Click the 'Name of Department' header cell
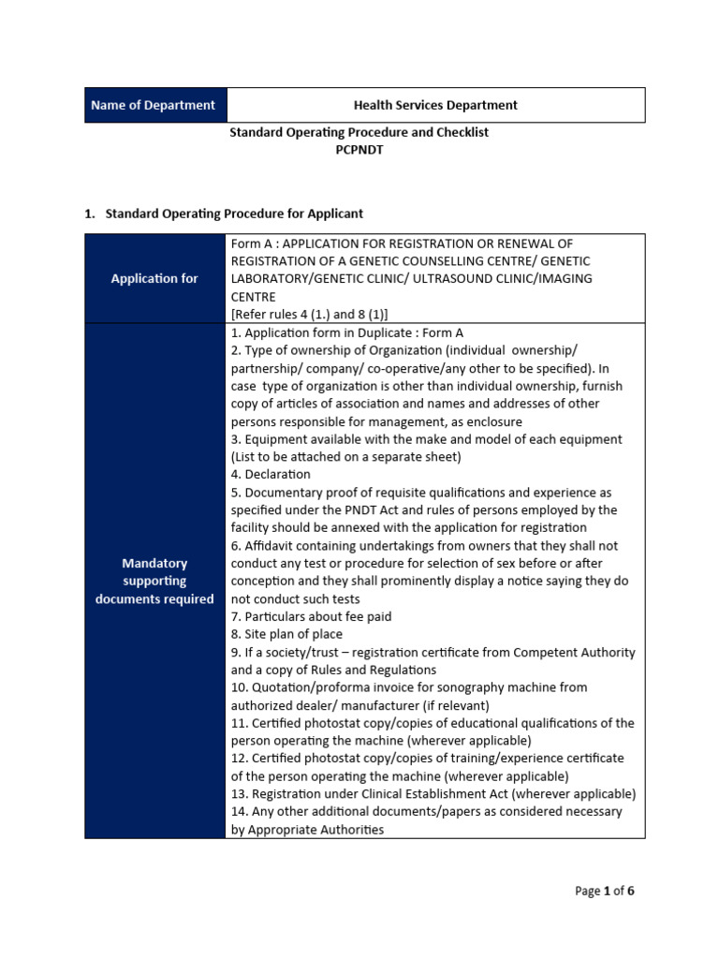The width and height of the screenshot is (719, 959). coord(154,105)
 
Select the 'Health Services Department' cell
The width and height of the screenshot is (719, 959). coord(434,105)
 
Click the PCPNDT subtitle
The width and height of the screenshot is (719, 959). coord(359,150)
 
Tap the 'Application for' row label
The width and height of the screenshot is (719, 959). coord(154,278)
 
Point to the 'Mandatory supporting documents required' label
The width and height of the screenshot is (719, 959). coord(154,581)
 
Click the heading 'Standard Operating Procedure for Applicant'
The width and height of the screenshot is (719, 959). coord(234,214)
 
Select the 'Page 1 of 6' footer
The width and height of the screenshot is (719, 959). coord(604,891)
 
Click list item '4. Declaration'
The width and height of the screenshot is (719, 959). coord(271,474)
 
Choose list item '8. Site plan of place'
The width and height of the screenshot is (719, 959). coord(286,634)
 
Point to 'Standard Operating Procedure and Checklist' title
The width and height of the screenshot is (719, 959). coord(359,132)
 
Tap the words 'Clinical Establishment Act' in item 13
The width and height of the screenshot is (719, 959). coord(421,793)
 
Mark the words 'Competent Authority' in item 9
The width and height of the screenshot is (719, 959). coord(572,652)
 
